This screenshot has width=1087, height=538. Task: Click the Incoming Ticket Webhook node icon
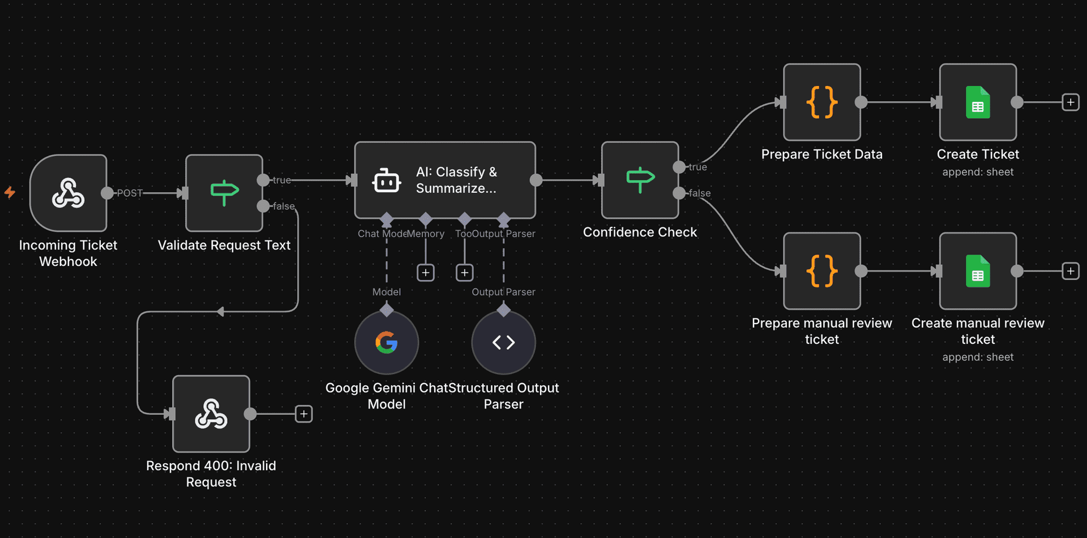click(69, 193)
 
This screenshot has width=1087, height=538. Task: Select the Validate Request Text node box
click(224, 193)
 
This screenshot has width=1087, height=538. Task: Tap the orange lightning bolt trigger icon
click(10, 192)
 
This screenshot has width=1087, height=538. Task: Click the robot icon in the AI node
click(387, 180)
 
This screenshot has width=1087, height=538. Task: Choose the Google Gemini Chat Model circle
click(387, 342)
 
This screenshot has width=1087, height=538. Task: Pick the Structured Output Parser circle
click(503, 342)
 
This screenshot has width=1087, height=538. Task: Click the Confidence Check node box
click(640, 180)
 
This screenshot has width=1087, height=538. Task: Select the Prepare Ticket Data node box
click(821, 102)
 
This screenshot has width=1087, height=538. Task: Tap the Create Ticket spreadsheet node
click(978, 102)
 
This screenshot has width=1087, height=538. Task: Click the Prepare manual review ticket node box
click(821, 271)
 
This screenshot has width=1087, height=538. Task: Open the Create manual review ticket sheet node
click(978, 271)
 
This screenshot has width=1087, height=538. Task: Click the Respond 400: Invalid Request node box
click(211, 414)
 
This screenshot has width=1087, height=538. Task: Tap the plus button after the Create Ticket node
click(1071, 102)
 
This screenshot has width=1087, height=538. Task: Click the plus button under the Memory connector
click(426, 273)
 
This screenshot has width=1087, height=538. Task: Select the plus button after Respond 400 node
click(304, 414)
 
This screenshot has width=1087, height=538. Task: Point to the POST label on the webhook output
click(130, 193)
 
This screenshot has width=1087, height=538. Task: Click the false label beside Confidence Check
click(700, 193)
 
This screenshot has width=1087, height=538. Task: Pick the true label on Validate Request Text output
click(282, 180)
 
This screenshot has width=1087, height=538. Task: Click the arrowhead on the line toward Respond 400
click(220, 312)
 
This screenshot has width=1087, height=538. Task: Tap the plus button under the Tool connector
click(465, 273)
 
